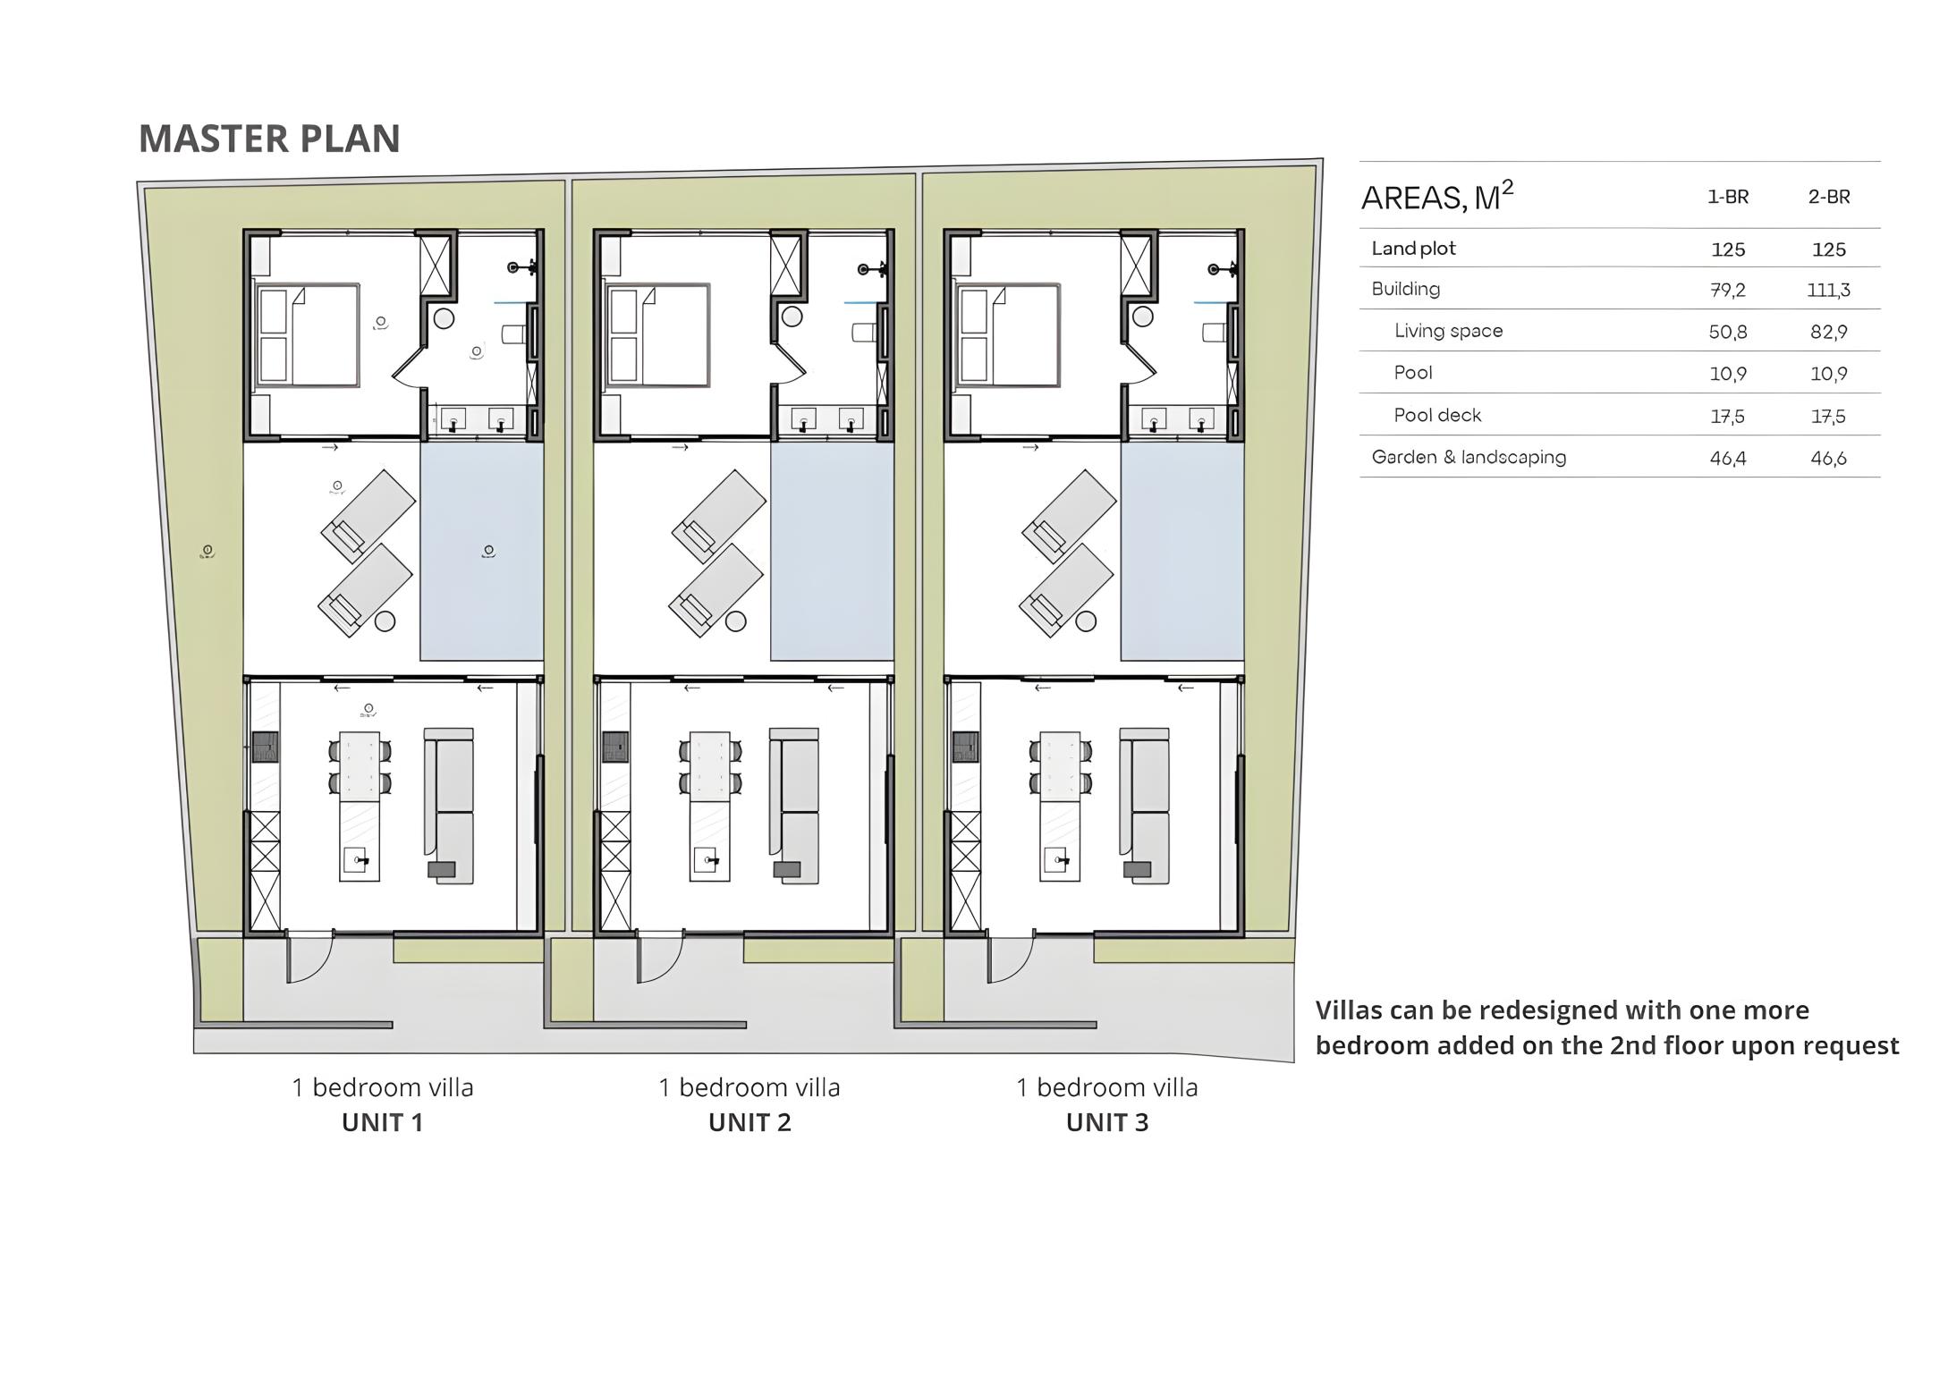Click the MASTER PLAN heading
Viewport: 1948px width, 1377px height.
point(269,139)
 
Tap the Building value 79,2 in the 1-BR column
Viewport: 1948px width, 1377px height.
point(1727,290)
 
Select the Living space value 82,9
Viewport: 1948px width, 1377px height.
point(1828,332)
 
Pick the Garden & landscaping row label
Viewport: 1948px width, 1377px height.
point(1469,457)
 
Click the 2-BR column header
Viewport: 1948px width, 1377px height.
point(1829,197)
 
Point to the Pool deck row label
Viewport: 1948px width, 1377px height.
point(1437,415)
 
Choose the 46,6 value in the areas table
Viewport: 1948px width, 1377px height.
point(1828,458)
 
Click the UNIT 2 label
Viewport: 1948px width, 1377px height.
point(750,1122)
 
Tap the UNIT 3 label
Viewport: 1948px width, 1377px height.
point(1107,1122)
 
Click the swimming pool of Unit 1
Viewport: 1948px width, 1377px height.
point(482,552)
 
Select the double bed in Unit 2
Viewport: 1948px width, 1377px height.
point(658,335)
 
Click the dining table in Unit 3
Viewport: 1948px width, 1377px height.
point(1060,765)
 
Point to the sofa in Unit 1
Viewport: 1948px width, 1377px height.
point(449,807)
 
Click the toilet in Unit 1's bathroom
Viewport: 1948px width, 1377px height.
point(512,334)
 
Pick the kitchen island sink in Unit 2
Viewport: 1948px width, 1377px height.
point(709,860)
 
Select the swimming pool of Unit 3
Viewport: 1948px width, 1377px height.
point(1182,552)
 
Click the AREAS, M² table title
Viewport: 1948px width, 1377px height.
point(1437,197)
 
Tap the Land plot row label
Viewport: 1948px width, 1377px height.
point(1413,249)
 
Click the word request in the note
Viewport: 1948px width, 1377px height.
point(1849,1047)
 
